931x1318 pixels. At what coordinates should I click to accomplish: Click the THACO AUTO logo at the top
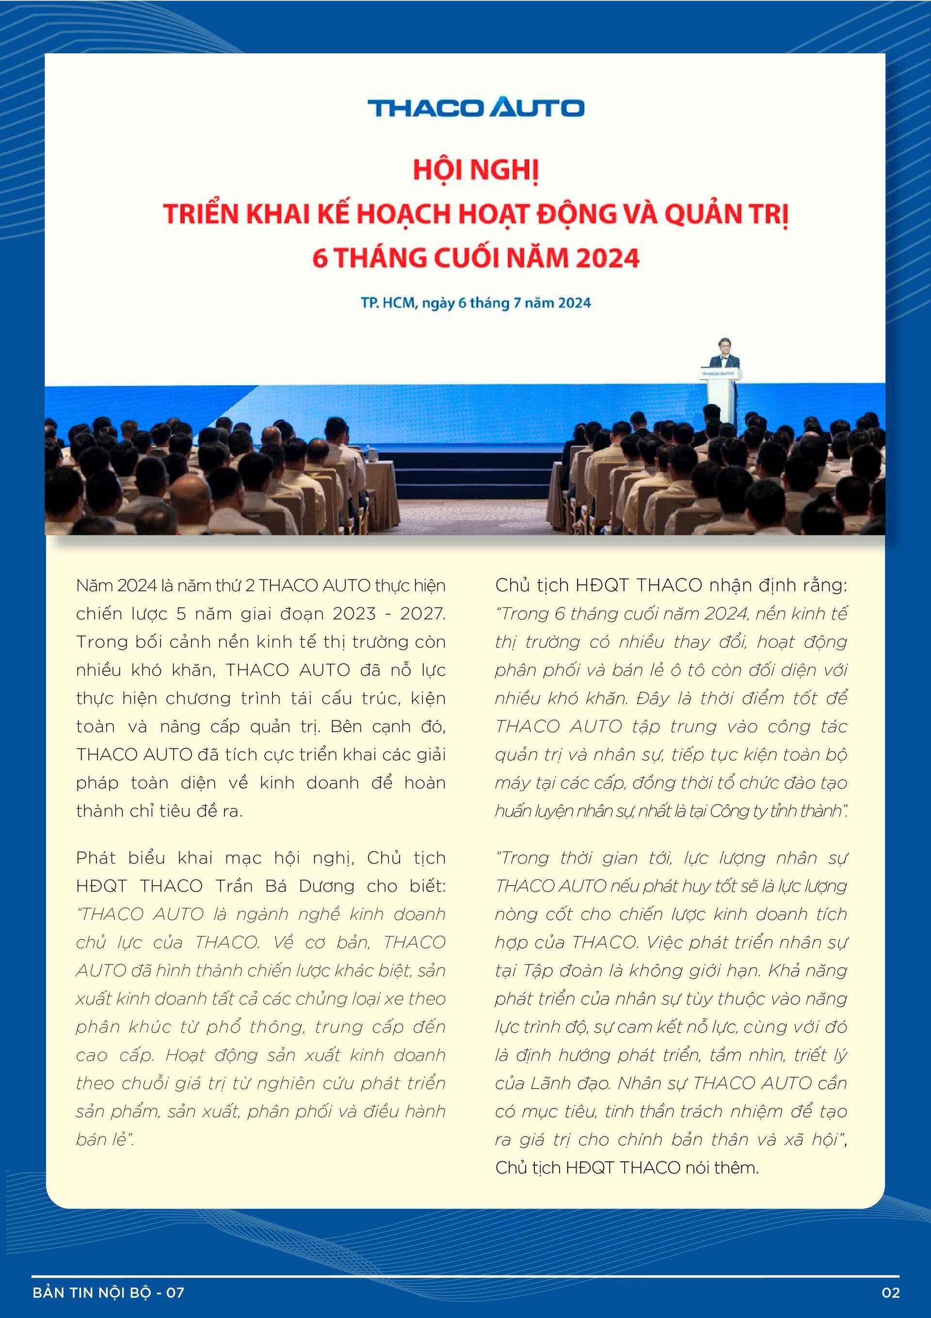(x=476, y=107)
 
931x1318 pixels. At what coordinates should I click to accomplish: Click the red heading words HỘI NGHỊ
(x=476, y=170)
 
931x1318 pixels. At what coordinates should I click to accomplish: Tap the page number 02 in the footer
(x=890, y=1292)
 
